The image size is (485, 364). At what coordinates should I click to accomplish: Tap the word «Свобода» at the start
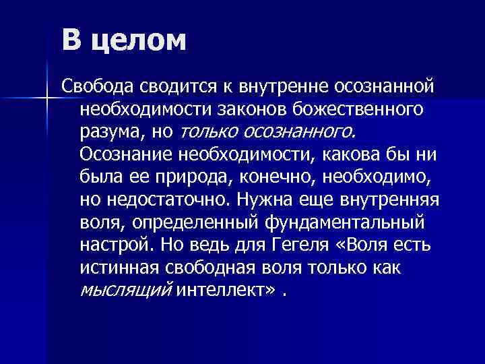pyautogui.click(x=98, y=86)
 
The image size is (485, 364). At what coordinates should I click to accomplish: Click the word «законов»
pyautogui.click(x=251, y=109)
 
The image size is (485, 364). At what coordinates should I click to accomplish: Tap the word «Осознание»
pyautogui.click(x=126, y=154)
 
